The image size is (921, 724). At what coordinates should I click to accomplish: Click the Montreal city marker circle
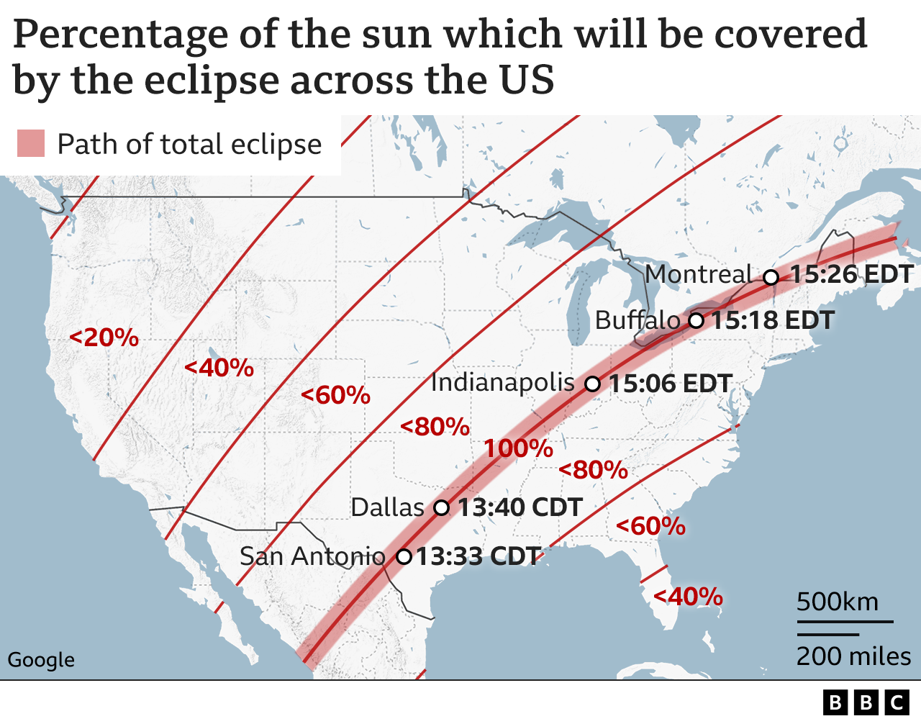(771, 277)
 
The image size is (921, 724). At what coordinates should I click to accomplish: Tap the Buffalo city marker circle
(696, 320)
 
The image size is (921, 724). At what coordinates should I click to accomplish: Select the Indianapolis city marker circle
(592, 384)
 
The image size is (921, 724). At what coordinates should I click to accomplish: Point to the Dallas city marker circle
(442, 508)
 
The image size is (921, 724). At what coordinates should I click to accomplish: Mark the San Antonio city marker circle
(404, 556)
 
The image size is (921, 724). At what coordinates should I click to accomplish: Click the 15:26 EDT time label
(852, 274)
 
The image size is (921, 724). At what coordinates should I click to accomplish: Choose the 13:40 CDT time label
(520, 507)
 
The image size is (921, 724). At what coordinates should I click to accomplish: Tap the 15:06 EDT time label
(671, 384)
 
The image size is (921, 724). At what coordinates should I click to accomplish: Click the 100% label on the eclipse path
(518, 449)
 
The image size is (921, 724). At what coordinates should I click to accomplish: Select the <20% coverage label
(104, 338)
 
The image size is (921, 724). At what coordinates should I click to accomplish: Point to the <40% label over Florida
(688, 597)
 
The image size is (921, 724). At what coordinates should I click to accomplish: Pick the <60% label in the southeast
(650, 526)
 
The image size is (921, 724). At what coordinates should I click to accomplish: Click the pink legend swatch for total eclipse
(31, 144)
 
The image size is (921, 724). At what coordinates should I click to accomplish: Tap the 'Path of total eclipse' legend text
(189, 145)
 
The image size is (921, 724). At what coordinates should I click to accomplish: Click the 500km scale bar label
(838, 601)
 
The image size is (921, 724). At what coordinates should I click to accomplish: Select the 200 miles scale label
(853, 656)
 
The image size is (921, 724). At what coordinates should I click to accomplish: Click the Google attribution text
(41, 660)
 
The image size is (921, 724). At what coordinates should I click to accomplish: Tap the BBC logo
(866, 702)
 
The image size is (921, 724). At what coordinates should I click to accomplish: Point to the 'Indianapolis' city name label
(503, 383)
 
